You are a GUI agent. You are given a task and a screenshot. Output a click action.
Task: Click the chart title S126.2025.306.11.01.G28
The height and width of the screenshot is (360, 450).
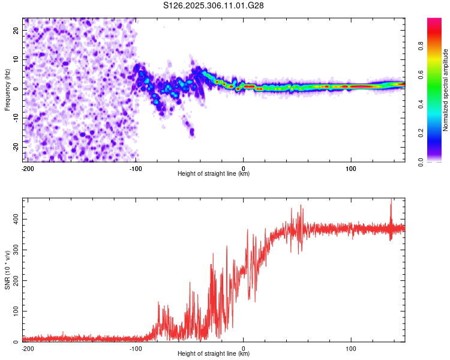coord(214,5)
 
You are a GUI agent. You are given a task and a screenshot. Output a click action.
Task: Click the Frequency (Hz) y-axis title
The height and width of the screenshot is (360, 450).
coord(7,90)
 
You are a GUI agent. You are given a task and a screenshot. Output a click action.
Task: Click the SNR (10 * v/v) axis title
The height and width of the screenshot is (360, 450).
coord(7,269)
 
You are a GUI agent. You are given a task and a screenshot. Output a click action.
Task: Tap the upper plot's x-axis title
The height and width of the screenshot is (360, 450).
coord(214,173)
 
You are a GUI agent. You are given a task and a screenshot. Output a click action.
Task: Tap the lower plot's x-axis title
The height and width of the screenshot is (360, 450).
coord(214,353)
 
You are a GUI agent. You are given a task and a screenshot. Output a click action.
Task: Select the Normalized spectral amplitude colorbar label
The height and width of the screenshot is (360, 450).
coord(445,91)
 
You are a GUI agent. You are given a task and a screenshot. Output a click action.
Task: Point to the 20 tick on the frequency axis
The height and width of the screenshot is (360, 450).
coord(15,30)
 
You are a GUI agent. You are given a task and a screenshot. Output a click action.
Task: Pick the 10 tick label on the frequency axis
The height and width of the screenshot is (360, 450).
coord(15,59)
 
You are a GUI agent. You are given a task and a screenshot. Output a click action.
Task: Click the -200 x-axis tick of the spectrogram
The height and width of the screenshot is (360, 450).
coord(28,168)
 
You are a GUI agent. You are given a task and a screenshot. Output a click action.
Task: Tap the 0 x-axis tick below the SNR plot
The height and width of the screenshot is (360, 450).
coord(244,348)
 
